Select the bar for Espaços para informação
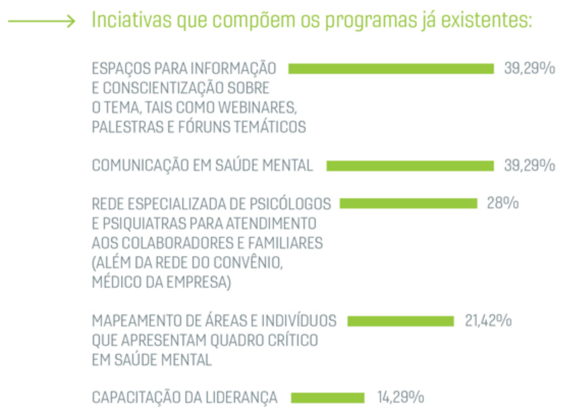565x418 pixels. click(391, 69)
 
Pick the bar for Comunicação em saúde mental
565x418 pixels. click(410, 166)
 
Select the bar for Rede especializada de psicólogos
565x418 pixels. click(408, 204)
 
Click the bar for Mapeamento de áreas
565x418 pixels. click(401, 321)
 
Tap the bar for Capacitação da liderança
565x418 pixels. click(327, 397)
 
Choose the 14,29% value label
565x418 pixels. click(401, 397)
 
